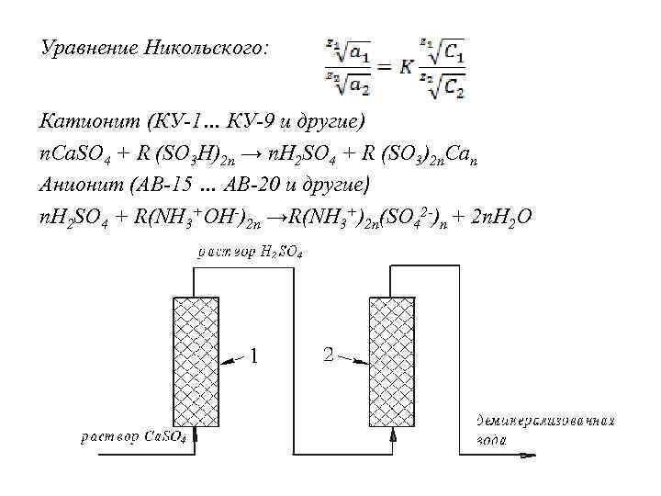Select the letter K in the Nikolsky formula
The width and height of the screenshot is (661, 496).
pos(406,65)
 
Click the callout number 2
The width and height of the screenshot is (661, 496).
pos(328,355)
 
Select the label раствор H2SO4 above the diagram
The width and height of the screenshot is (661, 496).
pos(250,252)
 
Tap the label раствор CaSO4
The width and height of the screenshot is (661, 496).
pos(134,437)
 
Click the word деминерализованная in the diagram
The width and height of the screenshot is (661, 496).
pos(544,422)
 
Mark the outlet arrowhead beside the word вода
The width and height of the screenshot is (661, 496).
pos(529,452)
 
